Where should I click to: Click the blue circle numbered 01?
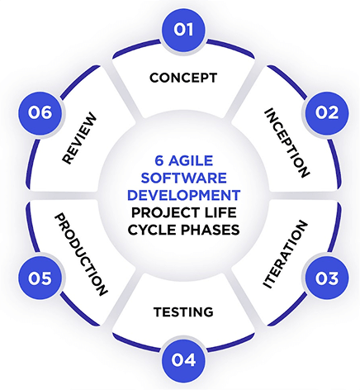point(183,30)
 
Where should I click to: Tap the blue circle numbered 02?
point(327,113)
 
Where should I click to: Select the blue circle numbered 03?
point(327,278)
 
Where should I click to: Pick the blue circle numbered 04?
point(183,359)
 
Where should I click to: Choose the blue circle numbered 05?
point(40,278)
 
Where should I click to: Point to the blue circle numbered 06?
point(40,113)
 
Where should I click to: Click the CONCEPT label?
point(183,78)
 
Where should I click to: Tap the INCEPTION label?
point(287,143)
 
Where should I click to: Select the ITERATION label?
point(285,254)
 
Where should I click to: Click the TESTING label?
point(183,312)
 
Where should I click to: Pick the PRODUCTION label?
point(81,254)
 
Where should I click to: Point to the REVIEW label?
point(79,138)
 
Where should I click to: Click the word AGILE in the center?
point(191,160)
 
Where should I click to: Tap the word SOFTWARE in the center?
point(183,178)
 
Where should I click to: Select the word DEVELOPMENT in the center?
point(183,195)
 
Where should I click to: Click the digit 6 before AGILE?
point(159,160)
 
